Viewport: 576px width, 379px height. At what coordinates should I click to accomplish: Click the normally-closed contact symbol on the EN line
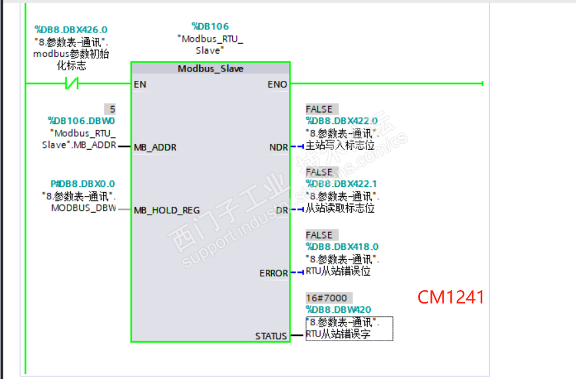[71, 83]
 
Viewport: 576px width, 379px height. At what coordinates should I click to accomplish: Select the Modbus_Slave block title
[210, 69]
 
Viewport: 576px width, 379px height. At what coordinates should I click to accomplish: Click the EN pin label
[140, 85]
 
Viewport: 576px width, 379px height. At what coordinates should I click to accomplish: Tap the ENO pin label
[277, 85]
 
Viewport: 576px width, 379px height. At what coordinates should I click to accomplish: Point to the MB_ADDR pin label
[155, 148]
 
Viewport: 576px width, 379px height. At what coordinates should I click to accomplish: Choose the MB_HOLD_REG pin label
[167, 211]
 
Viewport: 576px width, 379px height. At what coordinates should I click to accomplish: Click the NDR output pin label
[278, 148]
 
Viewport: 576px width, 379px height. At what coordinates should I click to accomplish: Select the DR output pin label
[282, 211]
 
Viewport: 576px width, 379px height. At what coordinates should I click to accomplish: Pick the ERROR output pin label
[274, 274]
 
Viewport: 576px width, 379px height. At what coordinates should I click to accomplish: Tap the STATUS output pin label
[271, 337]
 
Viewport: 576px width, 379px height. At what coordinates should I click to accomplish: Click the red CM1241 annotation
[451, 298]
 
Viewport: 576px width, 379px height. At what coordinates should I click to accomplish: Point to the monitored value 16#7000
[327, 298]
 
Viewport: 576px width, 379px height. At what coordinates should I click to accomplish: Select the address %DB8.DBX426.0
[71, 30]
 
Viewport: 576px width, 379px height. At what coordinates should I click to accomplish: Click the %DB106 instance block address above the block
[210, 27]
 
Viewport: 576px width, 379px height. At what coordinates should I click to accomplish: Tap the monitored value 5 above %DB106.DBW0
[112, 109]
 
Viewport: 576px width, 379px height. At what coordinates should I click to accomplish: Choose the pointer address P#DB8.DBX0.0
[83, 184]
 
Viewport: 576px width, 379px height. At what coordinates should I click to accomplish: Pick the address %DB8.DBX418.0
[343, 246]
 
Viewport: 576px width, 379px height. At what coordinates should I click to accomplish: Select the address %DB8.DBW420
[339, 309]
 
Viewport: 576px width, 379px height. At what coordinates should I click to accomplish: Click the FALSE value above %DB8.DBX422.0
[319, 109]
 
